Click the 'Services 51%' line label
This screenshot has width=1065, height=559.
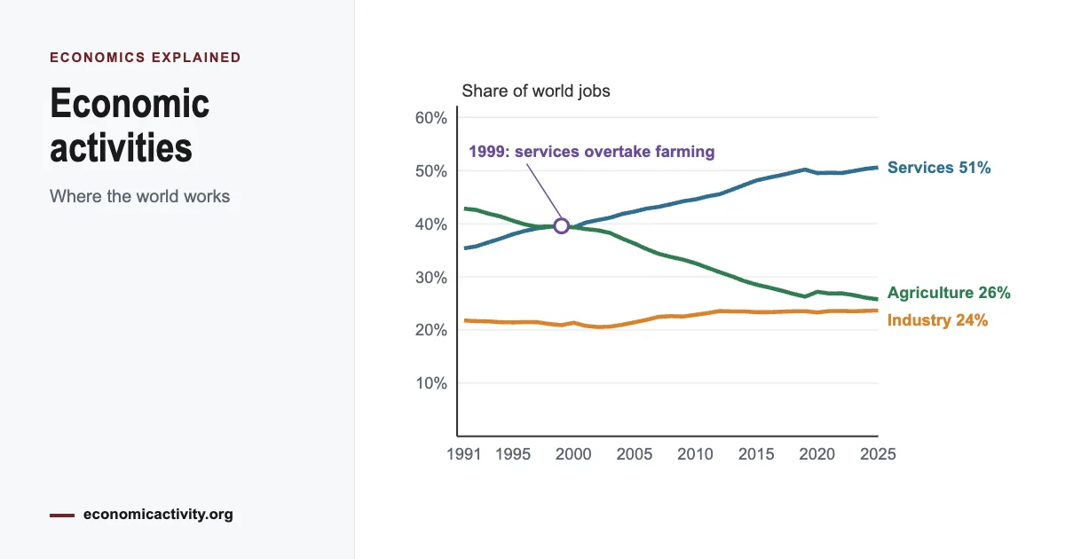tap(939, 168)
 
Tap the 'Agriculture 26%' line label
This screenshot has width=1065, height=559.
tap(949, 292)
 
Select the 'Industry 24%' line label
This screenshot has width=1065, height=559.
tap(937, 320)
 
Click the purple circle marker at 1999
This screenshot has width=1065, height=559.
tap(562, 225)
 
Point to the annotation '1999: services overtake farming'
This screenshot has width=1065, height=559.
tap(591, 152)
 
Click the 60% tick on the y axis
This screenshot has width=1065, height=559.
tap(430, 118)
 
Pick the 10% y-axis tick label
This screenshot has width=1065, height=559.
tap(431, 383)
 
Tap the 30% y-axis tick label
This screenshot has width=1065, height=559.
tap(430, 277)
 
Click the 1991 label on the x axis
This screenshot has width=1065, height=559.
tap(463, 454)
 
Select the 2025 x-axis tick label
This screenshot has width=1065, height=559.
tap(878, 454)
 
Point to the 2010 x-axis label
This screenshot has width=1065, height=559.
tap(695, 454)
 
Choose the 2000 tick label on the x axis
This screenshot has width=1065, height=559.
tap(573, 454)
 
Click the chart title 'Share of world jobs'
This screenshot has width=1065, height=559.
tap(536, 91)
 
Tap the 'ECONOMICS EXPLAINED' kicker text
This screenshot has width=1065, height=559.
tap(146, 58)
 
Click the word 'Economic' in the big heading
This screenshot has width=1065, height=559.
tap(130, 103)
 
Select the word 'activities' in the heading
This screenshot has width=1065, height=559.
tap(121, 147)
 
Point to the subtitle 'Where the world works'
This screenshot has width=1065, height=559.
tap(140, 196)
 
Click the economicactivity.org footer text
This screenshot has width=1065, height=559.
tap(158, 515)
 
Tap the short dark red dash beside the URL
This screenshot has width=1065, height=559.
tap(62, 516)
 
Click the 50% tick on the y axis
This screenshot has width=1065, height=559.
tap(430, 171)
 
